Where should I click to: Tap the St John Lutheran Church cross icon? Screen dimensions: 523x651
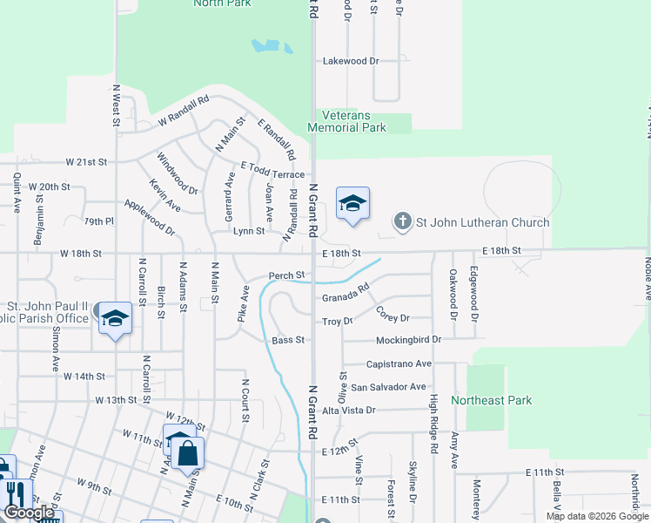402,221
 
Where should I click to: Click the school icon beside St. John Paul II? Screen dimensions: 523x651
114,319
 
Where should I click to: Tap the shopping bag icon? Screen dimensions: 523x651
187,453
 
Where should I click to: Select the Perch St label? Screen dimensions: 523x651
286,275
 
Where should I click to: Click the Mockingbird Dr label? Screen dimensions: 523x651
410,340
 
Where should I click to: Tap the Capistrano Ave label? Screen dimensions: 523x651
399,363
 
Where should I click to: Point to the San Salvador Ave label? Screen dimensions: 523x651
389,386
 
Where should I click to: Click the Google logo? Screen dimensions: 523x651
29,513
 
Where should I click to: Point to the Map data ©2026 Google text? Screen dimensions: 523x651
596,516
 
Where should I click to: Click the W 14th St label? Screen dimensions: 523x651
84,377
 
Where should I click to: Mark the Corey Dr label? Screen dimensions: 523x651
393,314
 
